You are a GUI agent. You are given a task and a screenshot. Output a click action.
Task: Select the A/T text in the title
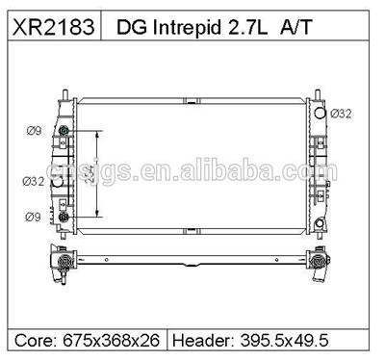coord(292,29)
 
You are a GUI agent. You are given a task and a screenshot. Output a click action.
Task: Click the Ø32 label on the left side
coord(33,179)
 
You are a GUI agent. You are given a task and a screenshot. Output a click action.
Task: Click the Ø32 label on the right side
coord(342,113)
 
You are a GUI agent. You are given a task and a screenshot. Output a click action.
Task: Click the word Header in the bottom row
coord(202,340)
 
